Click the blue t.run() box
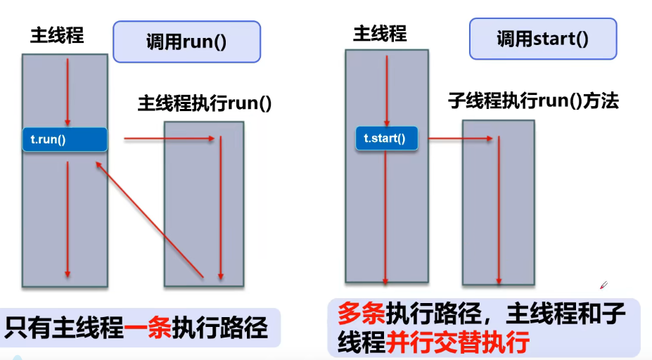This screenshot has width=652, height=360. pyautogui.click(x=64, y=139)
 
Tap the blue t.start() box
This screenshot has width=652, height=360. pyautogui.click(x=386, y=139)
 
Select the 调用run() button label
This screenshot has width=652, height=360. pyautogui.click(x=186, y=41)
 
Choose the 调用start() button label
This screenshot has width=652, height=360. pyautogui.click(x=542, y=38)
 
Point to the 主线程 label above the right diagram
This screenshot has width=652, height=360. pyautogui.click(x=380, y=33)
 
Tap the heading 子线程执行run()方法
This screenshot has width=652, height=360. pyautogui.click(x=533, y=101)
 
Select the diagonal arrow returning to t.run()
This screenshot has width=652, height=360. pyautogui.click(x=150, y=217)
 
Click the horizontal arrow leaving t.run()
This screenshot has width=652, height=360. pyautogui.click(x=169, y=139)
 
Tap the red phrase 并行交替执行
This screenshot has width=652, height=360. pyautogui.click(x=457, y=343)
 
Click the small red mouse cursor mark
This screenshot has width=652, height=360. pyautogui.click(x=603, y=285)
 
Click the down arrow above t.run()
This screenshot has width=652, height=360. pyautogui.click(x=68, y=91)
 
